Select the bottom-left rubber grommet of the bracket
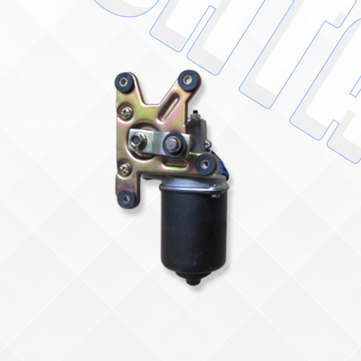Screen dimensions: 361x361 pos(126,199)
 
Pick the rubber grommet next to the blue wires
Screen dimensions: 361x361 pos(204,164)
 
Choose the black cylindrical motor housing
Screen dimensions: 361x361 pos(194,231)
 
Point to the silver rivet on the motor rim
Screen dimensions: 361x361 pos(214,196)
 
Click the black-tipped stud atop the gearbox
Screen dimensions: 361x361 pos(195,112)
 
